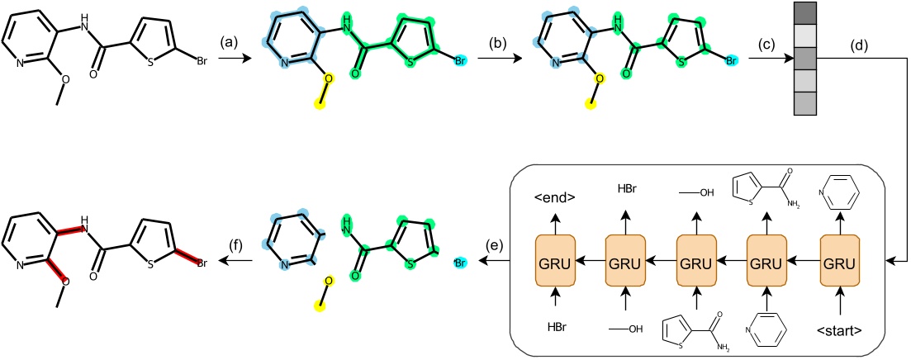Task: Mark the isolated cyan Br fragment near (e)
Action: (x=460, y=263)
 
